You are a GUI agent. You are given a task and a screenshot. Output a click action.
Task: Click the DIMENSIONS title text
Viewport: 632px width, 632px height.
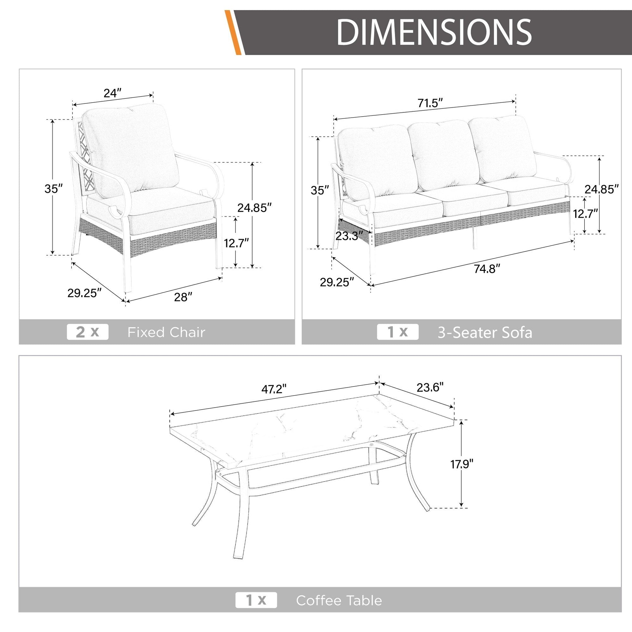(434, 32)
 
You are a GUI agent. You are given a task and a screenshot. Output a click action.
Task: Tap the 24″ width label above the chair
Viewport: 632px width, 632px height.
(112, 93)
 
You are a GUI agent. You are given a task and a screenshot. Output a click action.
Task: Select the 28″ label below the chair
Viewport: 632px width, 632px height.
(183, 297)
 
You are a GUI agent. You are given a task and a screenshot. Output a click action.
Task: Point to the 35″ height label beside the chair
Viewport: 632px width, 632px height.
(54, 189)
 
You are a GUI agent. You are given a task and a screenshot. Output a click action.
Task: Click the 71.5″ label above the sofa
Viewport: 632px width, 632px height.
(430, 103)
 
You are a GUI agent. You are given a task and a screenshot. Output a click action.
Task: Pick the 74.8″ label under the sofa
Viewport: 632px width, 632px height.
(487, 269)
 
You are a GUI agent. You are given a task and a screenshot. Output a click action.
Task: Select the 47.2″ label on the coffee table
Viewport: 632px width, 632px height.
(274, 389)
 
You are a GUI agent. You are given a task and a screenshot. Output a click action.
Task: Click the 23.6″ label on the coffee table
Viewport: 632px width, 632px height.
(430, 387)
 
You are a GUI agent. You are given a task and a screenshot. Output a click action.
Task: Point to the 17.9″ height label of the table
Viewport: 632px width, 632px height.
(462, 464)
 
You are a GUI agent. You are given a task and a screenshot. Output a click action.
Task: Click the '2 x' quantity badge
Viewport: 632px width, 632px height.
(87, 332)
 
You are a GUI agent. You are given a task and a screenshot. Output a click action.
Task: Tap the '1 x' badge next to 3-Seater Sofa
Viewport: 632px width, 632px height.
(398, 332)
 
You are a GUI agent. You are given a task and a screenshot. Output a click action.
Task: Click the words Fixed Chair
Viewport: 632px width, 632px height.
(166, 332)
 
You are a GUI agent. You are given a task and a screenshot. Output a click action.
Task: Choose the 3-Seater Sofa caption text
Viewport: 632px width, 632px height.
(485, 333)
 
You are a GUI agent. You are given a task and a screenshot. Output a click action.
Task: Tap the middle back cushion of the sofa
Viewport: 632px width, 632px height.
(443, 155)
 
